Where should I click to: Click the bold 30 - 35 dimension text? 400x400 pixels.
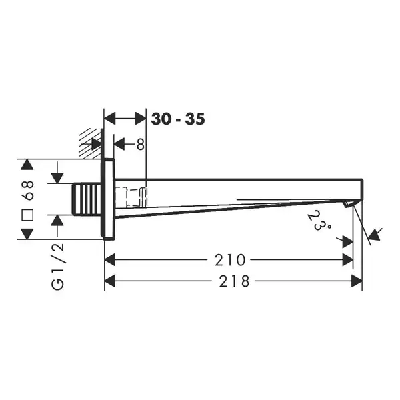coord(178,119)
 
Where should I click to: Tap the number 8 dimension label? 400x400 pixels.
coord(140,145)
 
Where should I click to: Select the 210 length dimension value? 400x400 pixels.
coord(230,260)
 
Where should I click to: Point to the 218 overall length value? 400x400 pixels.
coord(234,281)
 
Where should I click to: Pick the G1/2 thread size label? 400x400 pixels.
coord(57,266)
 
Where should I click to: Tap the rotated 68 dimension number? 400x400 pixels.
coord(28,190)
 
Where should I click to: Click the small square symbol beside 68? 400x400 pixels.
coord(27,215)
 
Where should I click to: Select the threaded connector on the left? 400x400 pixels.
coord(87,199)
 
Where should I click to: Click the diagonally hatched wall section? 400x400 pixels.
coord(90,143)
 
